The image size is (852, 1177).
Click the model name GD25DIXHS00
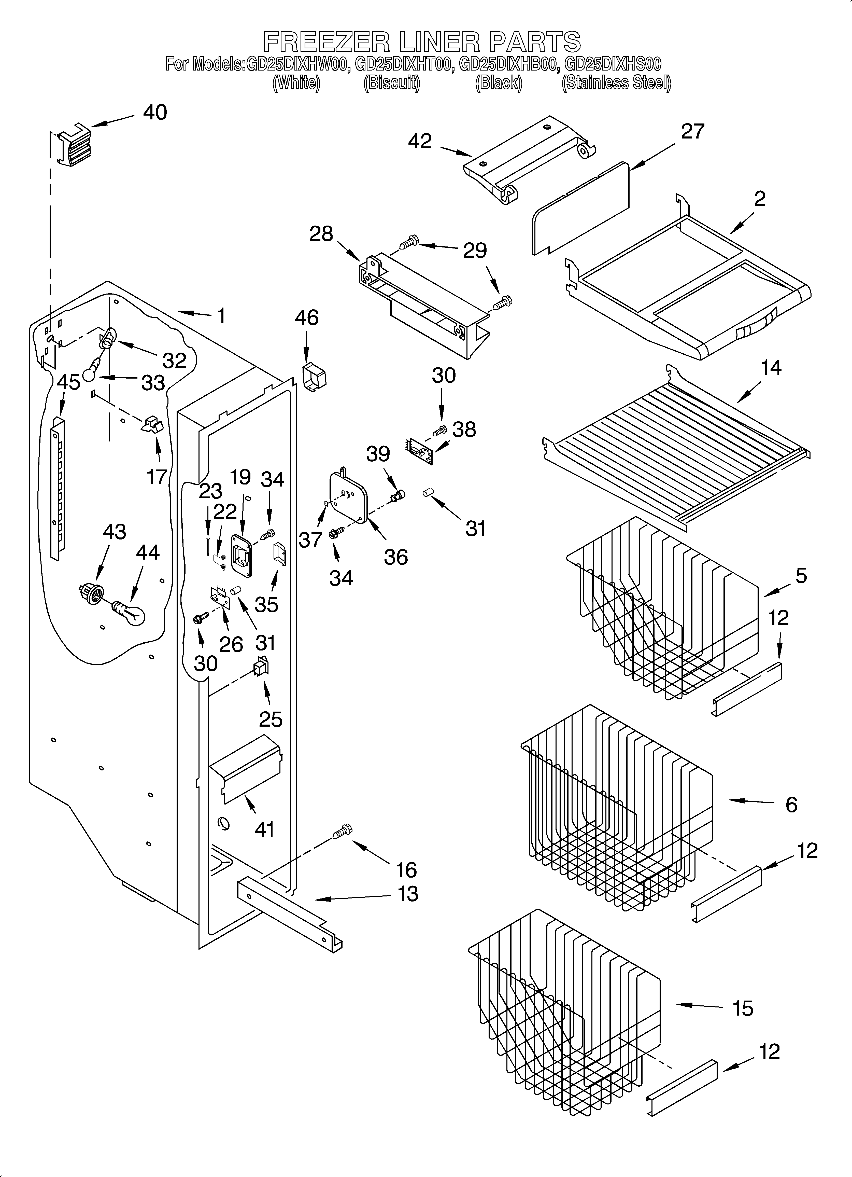[612, 64]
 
